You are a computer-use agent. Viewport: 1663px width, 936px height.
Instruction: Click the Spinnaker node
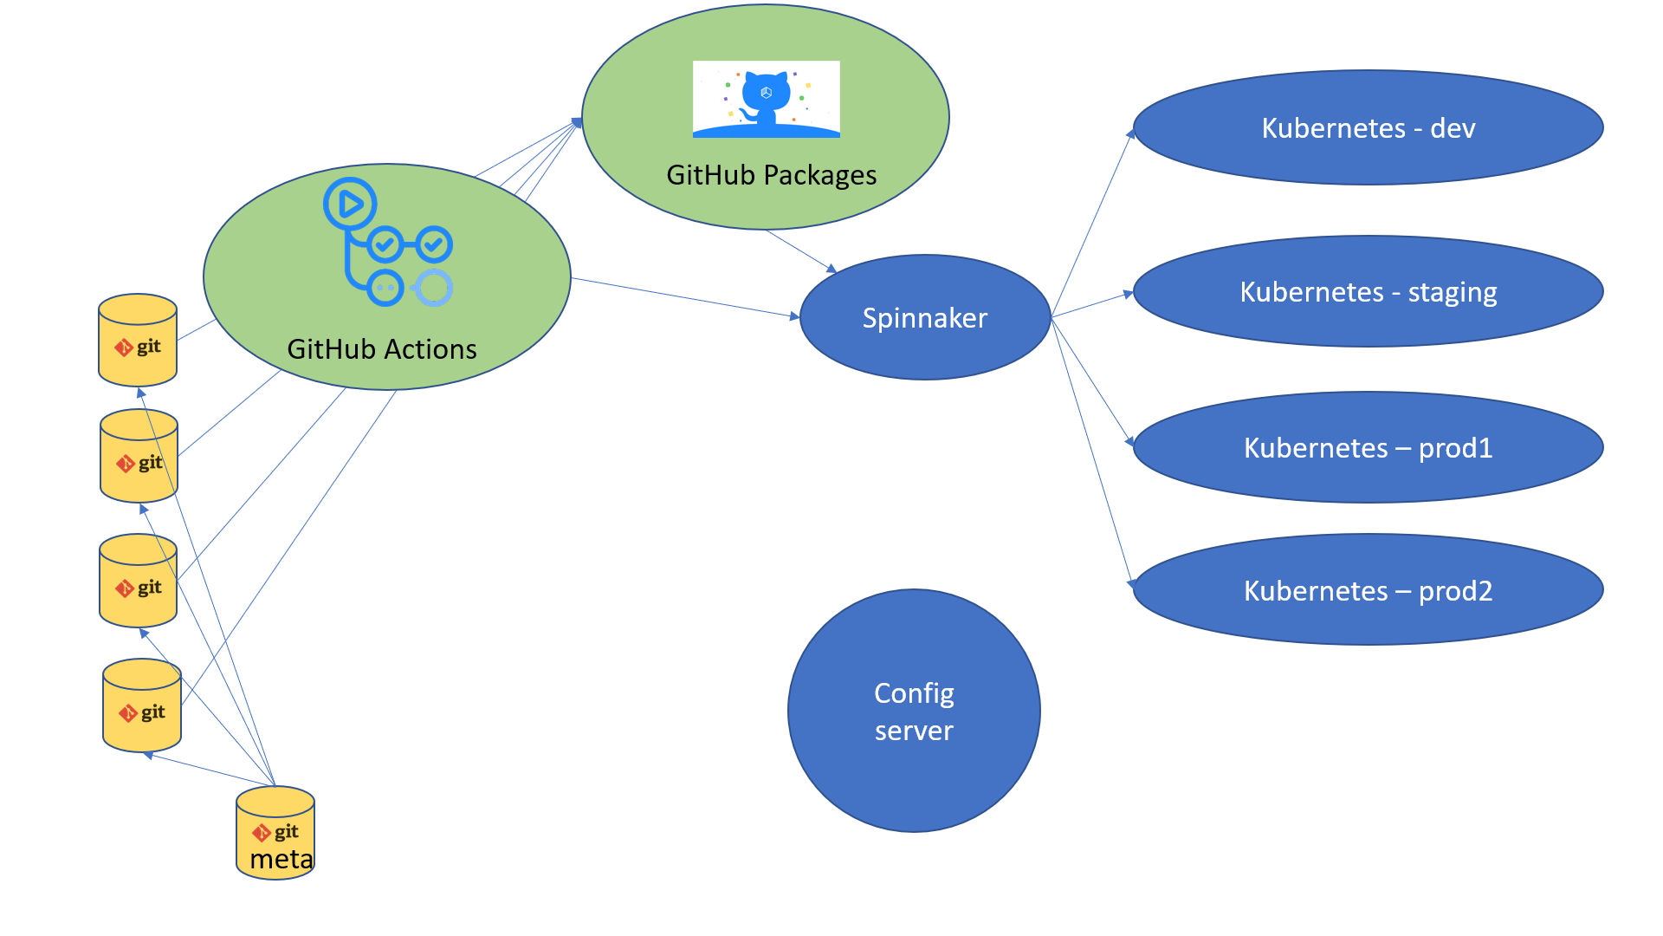pos(925,317)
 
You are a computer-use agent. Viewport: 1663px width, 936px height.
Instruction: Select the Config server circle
pos(914,711)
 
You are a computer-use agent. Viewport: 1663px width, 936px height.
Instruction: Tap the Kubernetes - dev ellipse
pos(1368,127)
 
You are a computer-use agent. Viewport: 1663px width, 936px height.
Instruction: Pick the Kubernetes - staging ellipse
pos(1368,291)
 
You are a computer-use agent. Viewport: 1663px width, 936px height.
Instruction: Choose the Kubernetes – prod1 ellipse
pos(1368,447)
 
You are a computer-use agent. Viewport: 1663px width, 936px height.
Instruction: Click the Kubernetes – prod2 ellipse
pos(1368,590)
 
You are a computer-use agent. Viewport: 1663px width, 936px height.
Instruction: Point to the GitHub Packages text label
pos(771,175)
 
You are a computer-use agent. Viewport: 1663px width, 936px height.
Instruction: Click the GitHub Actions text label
pos(382,349)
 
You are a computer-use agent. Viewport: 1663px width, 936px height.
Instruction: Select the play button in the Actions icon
pos(350,204)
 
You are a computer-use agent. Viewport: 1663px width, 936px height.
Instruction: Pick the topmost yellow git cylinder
pos(138,340)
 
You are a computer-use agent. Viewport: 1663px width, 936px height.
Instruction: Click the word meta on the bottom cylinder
pos(281,859)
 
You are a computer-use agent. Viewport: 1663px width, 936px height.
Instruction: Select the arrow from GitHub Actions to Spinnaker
pos(684,297)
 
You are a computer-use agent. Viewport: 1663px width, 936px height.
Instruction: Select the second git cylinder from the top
pos(139,456)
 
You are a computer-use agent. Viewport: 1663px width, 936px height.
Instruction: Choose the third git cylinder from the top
pos(138,581)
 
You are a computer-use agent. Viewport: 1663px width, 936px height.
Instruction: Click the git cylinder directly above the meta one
pos(142,705)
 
